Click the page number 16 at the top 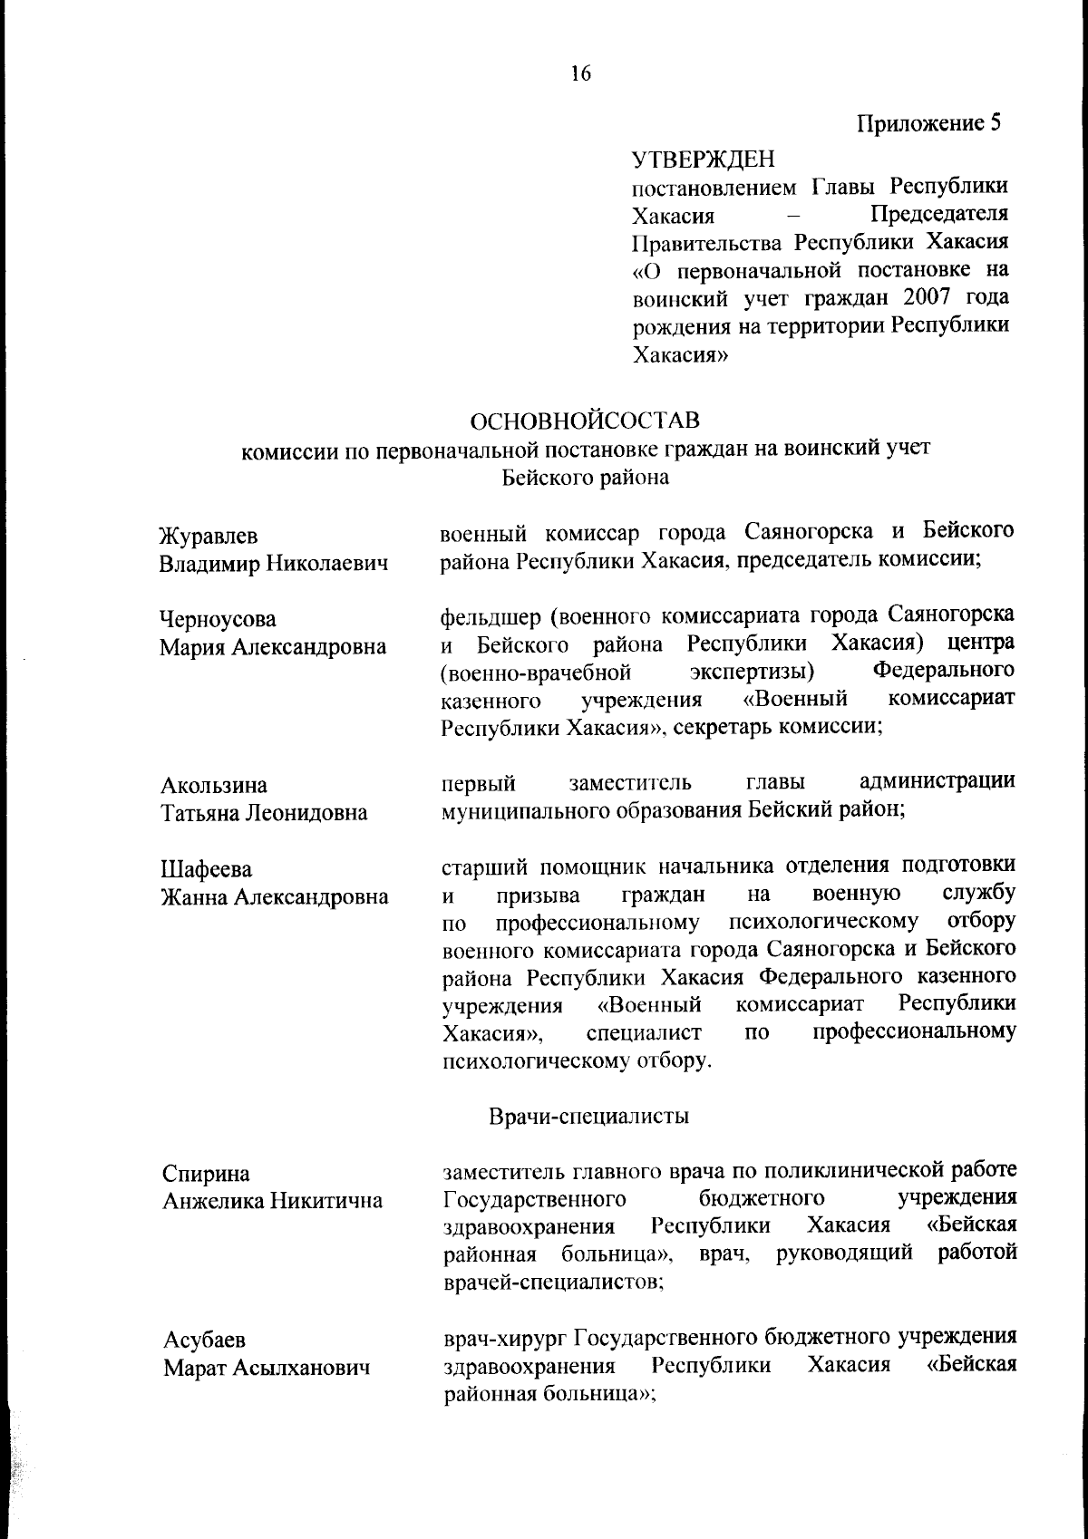click(x=581, y=74)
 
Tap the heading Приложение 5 click(x=929, y=123)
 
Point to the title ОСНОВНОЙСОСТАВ click(x=586, y=421)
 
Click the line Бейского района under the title click(x=586, y=478)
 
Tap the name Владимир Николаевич click(x=274, y=564)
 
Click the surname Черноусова click(x=219, y=620)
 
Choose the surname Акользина click(x=214, y=785)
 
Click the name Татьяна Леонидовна click(x=264, y=813)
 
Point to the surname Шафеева click(x=208, y=870)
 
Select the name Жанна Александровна click(x=274, y=897)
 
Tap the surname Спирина click(x=206, y=1174)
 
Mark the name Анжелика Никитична click(x=272, y=1201)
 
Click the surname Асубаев click(x=204, y=1340)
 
